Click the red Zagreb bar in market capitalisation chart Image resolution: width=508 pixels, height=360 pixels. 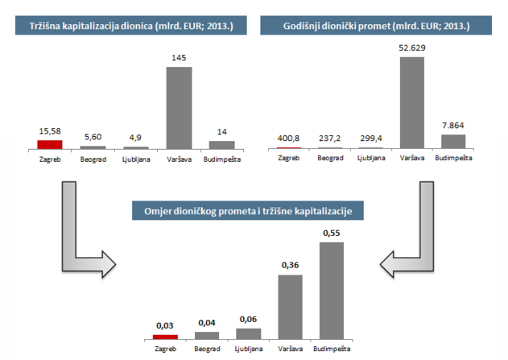point(49,144)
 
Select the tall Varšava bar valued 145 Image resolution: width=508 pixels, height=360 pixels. point(179,108)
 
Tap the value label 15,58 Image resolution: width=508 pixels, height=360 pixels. point(49,132)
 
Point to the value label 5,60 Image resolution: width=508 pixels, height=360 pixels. point(93,138)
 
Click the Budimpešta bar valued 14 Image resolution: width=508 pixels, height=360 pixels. point(222,145)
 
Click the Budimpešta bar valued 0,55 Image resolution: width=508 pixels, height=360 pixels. point(332,290)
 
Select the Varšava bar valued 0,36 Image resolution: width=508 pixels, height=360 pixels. point(290,306)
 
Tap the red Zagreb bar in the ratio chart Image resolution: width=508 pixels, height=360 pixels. point(164,336)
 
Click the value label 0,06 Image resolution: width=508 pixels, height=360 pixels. point(248,320)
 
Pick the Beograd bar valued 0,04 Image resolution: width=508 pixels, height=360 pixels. point(207,334)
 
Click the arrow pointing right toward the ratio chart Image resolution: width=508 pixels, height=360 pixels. point(81,242)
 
